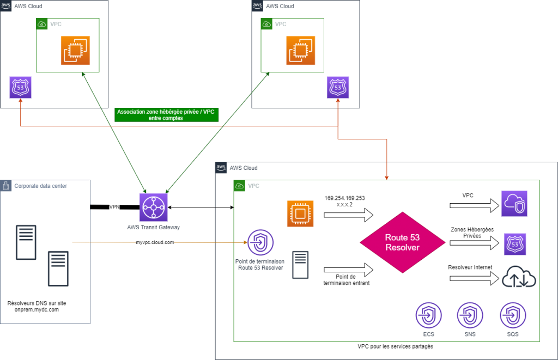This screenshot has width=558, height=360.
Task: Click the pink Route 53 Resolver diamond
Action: (403, 242)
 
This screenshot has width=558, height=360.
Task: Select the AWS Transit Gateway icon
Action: (153, 207)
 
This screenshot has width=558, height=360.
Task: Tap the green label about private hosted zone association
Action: (166, 114)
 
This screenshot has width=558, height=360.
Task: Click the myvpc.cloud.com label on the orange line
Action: (155, 242)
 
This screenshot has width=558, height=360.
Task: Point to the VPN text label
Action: (114, 207)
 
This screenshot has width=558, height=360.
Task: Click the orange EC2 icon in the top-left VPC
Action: (76, 50)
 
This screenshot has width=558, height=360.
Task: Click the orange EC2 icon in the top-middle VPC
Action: (301, 50)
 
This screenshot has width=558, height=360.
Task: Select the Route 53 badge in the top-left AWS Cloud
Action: (21, 87)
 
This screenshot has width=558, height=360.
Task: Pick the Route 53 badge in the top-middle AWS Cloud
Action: (337, 87)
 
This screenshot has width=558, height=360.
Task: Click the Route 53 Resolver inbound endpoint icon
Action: (261, 243)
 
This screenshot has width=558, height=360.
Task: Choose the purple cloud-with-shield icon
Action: (514, 204)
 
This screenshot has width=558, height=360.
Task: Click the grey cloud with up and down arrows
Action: (518, 277)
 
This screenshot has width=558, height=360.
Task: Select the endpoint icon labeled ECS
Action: (429, 316)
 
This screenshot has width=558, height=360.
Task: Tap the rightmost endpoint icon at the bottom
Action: (513, 316)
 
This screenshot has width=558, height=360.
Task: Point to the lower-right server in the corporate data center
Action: (58, 268)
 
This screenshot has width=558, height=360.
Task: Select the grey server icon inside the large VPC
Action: (300, 265)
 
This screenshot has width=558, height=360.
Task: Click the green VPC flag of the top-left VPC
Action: (42, 24)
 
